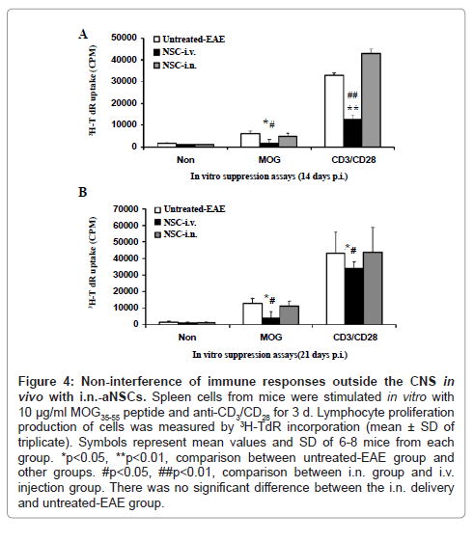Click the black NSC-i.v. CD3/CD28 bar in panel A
click(352, 133)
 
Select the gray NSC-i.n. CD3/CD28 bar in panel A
click(371, 100)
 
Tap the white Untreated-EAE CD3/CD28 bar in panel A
click(334, 111)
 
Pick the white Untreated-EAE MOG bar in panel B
click(252, 313)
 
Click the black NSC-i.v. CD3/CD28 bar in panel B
click(354, 296)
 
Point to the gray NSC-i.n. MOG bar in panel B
click(290, 315)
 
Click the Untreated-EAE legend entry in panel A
click(189, 40)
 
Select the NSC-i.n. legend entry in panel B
click(176, 234)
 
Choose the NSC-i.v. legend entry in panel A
click(175, 52)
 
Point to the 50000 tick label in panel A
click(124, 38)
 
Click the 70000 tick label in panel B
click(125, 208)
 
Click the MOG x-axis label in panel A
click(269, 160)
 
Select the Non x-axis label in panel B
click(187, 337)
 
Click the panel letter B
click(83, 192)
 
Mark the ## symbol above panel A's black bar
click(352, 95)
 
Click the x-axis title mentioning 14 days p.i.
click(269, 176)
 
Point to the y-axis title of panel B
click(92, 262)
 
